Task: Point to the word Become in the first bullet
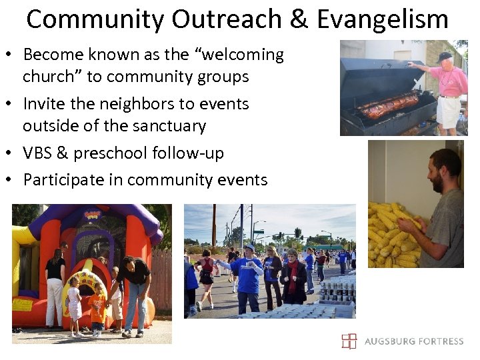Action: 53,55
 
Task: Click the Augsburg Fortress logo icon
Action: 349,341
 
